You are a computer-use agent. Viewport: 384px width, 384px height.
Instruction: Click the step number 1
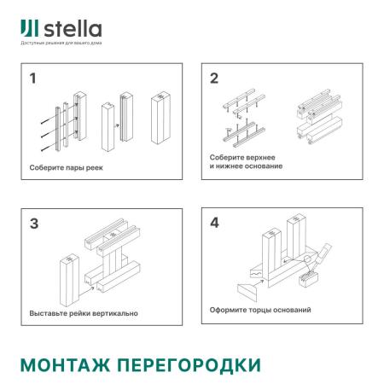click(32, 80)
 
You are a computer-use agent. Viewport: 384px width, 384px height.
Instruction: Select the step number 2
click(215, 79)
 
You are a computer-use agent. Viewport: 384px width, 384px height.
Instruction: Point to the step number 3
click(33, 225)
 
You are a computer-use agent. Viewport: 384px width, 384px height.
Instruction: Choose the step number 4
click(215, 225)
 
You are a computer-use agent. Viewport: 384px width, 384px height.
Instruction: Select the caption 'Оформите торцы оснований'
click(259, 310)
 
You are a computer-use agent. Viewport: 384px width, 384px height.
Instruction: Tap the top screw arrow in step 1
click(47, 108)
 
